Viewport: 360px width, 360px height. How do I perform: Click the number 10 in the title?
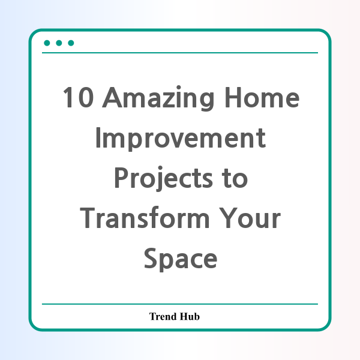coord(78,97)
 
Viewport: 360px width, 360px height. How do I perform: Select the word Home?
coord(262,97)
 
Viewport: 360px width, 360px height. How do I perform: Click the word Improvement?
coord(181,139)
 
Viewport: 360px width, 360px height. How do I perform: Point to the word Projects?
coord(163,179)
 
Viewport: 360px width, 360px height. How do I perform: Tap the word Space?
coord(181,259)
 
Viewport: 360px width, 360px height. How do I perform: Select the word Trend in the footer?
coord(163,316)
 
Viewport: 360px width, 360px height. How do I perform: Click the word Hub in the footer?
coord(190,316)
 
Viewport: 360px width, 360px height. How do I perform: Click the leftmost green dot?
coord(47,43)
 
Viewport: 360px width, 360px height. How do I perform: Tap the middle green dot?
coord(59,43)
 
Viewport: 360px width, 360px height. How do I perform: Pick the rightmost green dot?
coord(71,43)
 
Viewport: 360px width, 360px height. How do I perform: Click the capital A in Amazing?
coord(112,97)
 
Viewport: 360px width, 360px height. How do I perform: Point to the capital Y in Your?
coord(227,218)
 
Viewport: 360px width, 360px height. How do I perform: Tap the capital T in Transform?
coord(88,218)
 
